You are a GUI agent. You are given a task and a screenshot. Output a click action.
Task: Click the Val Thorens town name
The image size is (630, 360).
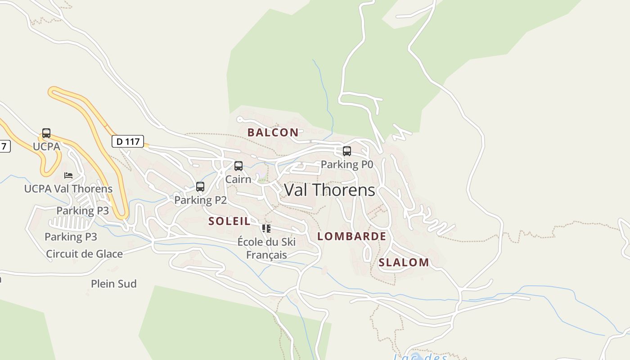329,190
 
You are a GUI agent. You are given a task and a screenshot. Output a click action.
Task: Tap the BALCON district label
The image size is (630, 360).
273,132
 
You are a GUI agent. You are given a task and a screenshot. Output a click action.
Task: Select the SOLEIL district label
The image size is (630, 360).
229,221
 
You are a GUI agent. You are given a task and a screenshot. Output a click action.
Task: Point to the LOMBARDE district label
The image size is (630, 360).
351,236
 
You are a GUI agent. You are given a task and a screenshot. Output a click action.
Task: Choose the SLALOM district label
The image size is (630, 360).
404,262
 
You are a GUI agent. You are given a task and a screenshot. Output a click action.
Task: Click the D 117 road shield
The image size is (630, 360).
128,141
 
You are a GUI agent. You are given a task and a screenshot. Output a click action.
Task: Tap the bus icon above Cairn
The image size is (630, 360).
238,166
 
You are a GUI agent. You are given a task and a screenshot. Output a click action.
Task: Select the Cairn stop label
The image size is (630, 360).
238,179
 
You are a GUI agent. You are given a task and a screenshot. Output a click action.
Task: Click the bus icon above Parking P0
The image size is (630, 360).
347,151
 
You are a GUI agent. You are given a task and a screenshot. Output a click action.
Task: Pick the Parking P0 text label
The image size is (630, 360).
347,164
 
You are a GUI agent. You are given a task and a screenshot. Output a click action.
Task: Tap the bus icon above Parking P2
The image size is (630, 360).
200,186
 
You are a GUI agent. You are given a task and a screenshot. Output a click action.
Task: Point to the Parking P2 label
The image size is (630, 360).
200,200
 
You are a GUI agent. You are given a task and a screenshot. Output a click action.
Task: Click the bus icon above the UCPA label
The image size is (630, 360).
46,133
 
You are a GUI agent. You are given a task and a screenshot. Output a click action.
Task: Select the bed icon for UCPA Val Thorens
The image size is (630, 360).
68,175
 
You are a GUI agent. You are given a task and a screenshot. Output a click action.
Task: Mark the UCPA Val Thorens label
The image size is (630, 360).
68,189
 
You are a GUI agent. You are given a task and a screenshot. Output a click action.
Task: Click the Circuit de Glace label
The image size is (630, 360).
84,254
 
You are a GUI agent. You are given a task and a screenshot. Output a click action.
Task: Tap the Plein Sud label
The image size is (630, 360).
114,284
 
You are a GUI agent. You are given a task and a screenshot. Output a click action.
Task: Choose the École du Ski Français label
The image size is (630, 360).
266,248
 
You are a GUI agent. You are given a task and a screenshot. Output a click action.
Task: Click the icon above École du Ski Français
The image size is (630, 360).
266,229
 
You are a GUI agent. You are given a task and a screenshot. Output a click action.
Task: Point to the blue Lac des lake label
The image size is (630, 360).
420,357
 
